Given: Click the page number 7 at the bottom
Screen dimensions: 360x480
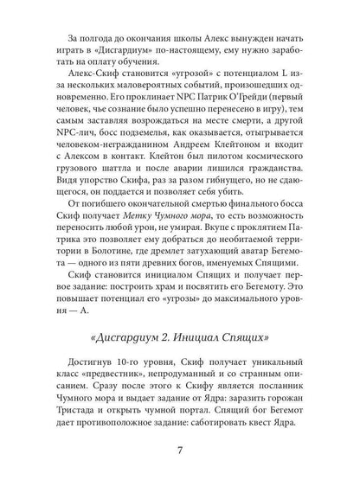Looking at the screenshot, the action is (180, 449).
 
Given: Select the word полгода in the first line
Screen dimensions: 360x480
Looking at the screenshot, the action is (88, 37).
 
